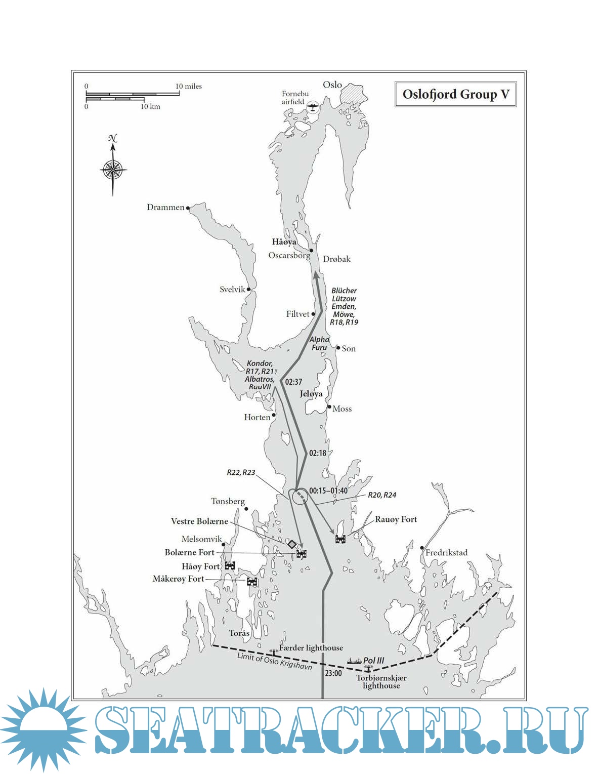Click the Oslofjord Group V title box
tap(455, 95)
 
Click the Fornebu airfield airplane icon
tap(314, 107)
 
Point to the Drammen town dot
tap(188, 208)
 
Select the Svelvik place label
tap(232, 290)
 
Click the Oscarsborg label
tap(289, 255)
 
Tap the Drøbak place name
tap(336, 259)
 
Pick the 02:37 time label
tap(293, 382)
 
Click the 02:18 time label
tap(318, 453)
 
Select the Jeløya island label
tap(311, 394)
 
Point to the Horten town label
tap(257, 417)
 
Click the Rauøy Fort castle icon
tap(340, 539)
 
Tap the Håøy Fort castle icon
tap(230, 565)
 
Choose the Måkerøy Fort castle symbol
tap(252, 582)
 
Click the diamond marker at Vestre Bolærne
tap(292, 544)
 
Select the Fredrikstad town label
tap(446, 553)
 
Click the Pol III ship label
tap(373, 660)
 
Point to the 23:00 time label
tap(333, 673)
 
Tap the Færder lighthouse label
tap(311, 648)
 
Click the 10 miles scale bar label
tap(189, 87)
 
